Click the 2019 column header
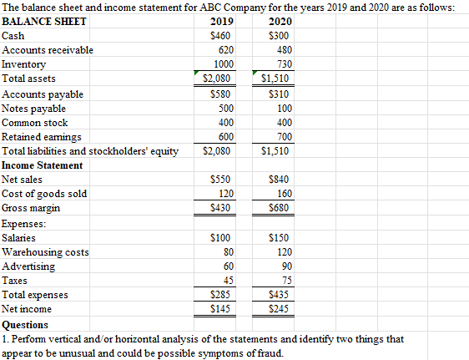tap(220, 22)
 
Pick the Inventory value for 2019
tap(222, 64)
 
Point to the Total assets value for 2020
tap(275, 79)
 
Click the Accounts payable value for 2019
tap(220, 94)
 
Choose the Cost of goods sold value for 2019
tap(224, 194)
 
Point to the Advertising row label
tap(29, 266)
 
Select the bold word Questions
tap(26, 325)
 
